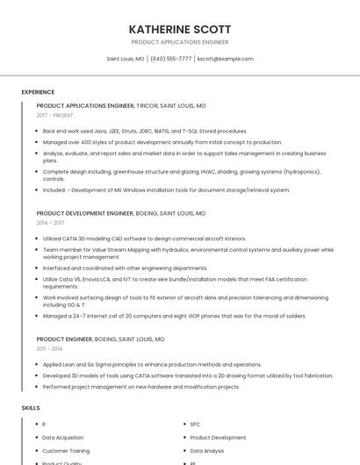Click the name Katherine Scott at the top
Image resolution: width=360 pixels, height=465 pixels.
coord(179,29)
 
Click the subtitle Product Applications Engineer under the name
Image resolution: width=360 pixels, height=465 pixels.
coord(179,42)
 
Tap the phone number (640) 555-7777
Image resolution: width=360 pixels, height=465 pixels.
coord(170,59)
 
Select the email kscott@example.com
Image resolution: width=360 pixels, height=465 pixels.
coord(225,59)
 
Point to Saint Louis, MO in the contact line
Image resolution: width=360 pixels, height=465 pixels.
coord(126,59)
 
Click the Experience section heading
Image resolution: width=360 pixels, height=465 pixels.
coord(38,92)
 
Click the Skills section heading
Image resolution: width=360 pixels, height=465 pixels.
coord(31,408)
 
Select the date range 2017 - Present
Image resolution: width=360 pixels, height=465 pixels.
coord(55,115)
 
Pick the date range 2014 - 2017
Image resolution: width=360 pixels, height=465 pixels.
coord(50,223)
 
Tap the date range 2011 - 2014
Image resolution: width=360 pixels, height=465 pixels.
coord(50,348)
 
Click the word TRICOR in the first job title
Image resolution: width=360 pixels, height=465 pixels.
coord(147,105)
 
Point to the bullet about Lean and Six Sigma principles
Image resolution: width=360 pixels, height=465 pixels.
coord(152,364)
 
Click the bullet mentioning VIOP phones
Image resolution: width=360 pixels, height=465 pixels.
coord(174,316)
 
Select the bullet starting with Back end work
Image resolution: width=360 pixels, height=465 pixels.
coord(145,131)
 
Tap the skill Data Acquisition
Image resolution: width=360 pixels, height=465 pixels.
coord(63,437)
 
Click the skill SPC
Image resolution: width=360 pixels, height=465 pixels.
coord(195,424)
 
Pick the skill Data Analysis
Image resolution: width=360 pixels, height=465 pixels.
coord(207,450)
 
